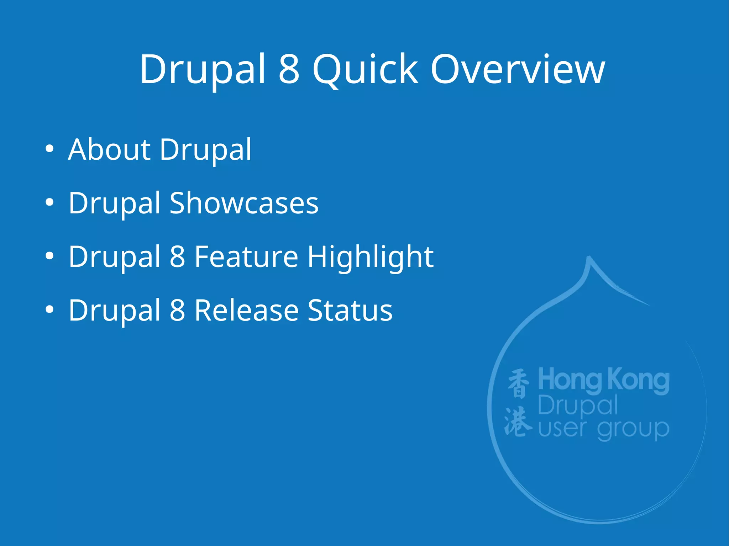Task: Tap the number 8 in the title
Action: [x=289, y=69]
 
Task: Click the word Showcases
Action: [x=244, y=203]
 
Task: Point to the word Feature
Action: [x=246, y=256]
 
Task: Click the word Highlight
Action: [x=371, y=257]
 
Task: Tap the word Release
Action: [x=246, y=310]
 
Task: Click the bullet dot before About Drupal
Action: [x=49, y=149]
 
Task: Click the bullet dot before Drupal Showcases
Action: [x=49, y=202]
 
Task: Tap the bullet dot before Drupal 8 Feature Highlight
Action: [x=49, y=256]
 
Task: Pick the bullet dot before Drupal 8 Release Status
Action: [x=49, y=309]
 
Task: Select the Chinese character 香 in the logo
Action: [x=518, y=383]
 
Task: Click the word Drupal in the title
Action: [x=203, y=69]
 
